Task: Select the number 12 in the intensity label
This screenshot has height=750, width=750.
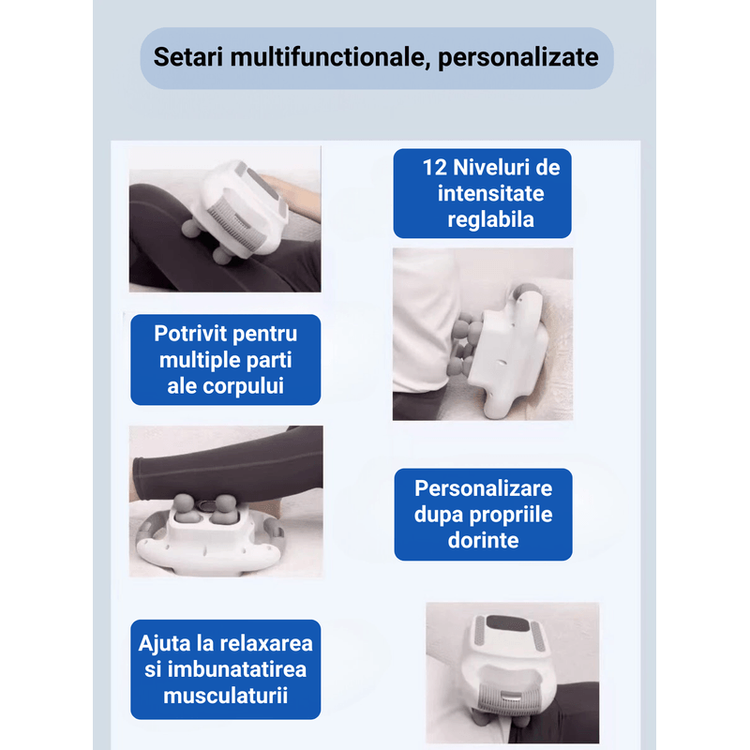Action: [435, 169]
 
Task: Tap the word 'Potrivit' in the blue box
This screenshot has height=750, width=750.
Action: [194, 334]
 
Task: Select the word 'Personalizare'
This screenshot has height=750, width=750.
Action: [483, 488]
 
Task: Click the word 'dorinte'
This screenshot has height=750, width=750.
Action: [483, 540]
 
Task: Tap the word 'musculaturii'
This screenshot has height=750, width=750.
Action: [225, 696]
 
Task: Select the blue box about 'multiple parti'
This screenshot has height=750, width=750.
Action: [225, 360]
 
